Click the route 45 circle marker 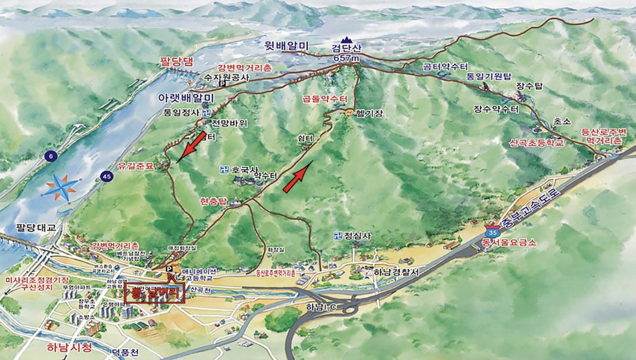[x=107, y=176]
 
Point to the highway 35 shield [x=492, y=230]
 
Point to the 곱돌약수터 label [x=324, y=99]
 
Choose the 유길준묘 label [x=136, y=167]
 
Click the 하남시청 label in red [x=70, y=347]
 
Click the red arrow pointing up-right [x=298, y=176]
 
